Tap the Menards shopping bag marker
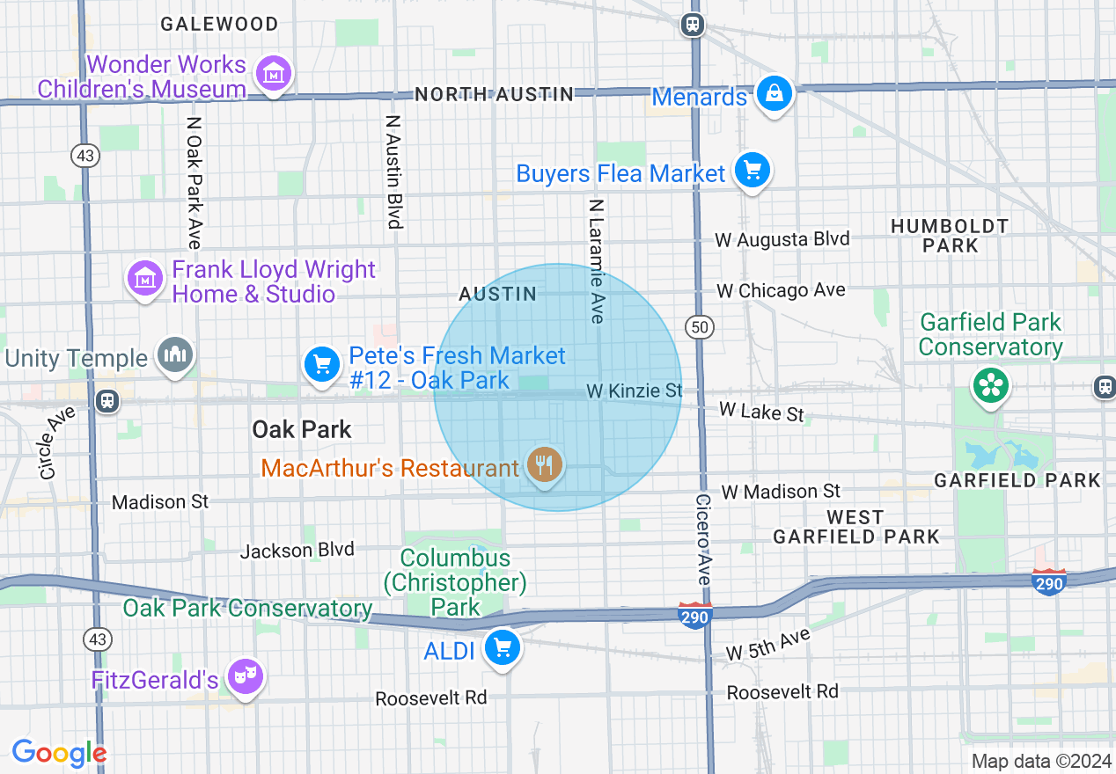[775, 93]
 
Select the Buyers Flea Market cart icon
[752, 171]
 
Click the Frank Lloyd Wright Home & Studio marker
[145, 280]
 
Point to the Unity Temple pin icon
[174, 356]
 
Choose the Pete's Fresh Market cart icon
[321, 365]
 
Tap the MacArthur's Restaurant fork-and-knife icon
[545, 464]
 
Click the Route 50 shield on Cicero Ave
[700, 327]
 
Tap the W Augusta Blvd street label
[782, 239]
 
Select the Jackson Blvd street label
[297, 551]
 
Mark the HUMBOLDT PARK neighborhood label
[950, 236]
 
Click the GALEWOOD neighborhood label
[219, 24]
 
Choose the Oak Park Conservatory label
[247, 608]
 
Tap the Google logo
[59, 753]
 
